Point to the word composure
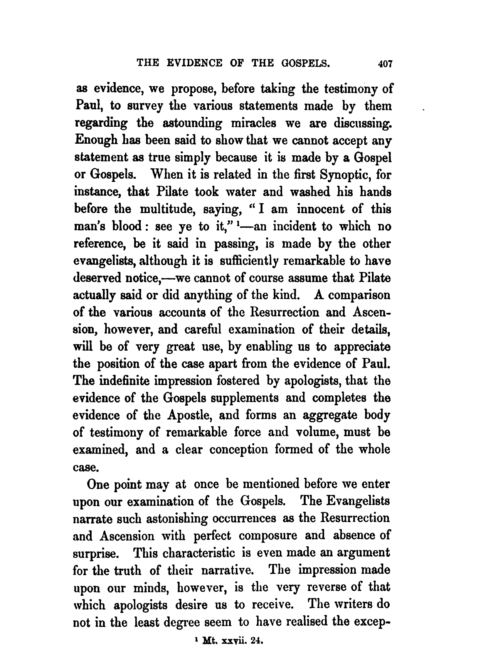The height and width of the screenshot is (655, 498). pos(268,536)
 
